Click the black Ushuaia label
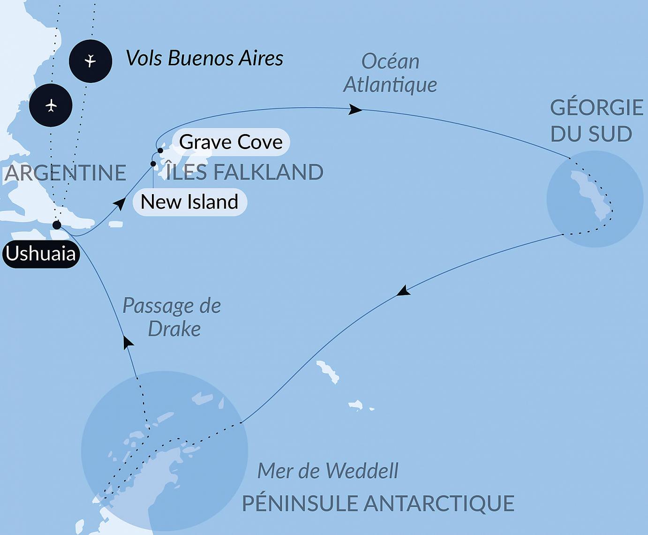(x=41, y=254)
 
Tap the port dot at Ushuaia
(x=57, y=225)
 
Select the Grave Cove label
(x=231, y=142)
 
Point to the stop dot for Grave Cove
(x=160, y=151)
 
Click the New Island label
(x=189, y=202)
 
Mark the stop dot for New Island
(x=153, y=164)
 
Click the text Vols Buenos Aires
(x=204, y=59)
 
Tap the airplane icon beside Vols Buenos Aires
(x=90, y=61)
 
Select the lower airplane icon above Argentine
(x=51, y=105)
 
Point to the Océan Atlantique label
(x=390, y=73)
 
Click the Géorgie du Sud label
(x=596, y=121)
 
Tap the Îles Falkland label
(x=245, y=172)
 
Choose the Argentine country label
(x=66, y=173)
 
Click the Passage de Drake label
(x=172, y=317)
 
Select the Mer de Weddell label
(x=328, y=471)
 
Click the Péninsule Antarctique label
(x=378, y=503)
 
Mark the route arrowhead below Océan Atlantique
(x=355, y=110)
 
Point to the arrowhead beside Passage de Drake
(x=127, y=342)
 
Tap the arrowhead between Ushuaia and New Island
(x=120, y=203)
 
